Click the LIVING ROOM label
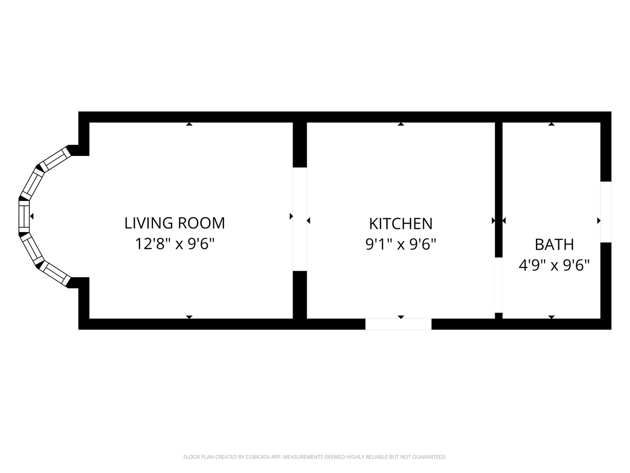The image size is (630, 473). click(x=175, y=223)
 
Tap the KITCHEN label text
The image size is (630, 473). click(x=400, y=224)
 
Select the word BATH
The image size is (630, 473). click(x=554, y=244)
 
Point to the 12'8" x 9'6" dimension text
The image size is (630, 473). click(x=175, y=244)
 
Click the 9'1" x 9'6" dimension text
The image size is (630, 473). click(x=400, y=244)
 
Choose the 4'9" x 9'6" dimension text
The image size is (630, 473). click(x=554, y=265)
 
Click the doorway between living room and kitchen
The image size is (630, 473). click(x=300, y=219)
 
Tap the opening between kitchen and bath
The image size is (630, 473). click(x=499, y=285)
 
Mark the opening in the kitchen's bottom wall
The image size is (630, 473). click(x=398, y=324)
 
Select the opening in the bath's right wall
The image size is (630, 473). click(x=605, y=212)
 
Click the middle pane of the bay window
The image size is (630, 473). click(x=24, y=216)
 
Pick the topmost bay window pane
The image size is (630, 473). click(x=55, y=159)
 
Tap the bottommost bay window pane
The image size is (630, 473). click(x=55, y=273)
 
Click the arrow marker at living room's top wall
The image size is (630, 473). click(x=189, y=124)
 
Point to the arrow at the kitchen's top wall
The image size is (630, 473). click(x=401, y=124)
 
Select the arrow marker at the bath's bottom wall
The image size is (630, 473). click(x=551, y=317)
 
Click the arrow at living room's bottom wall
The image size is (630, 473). click(x=189, y=317)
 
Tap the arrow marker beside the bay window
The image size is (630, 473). click(x=32, y=216)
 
